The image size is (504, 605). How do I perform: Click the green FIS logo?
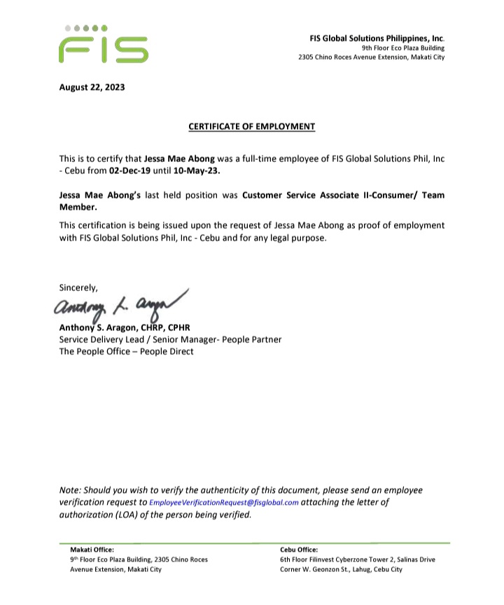click(103, 45)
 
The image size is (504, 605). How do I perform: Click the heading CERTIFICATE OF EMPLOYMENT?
click(252, 127)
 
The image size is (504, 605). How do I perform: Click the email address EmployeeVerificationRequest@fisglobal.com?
click(224, 503)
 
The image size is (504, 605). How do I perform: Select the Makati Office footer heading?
click(92, 550)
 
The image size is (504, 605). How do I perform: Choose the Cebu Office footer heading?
click(299, 550)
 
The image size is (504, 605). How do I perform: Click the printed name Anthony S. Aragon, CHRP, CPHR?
click(125, 327)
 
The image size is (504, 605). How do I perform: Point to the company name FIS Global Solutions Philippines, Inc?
click(377, 38)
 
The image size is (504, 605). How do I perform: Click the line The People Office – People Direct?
click(127, 351)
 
